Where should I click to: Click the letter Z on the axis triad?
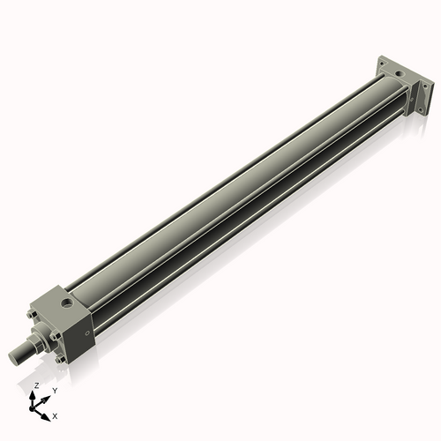[35, 386]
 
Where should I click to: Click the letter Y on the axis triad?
[55, 390]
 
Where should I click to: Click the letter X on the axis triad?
[55, 415]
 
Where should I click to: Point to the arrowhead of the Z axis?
[36, 394]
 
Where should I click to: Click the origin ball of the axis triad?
[34, 407]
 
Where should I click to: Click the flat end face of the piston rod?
[14, 355]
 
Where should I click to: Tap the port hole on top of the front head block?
[67, 304]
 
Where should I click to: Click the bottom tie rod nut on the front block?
[59, 358]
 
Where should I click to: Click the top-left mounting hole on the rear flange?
[383, 63]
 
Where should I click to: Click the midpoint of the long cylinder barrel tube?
[238, 194]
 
